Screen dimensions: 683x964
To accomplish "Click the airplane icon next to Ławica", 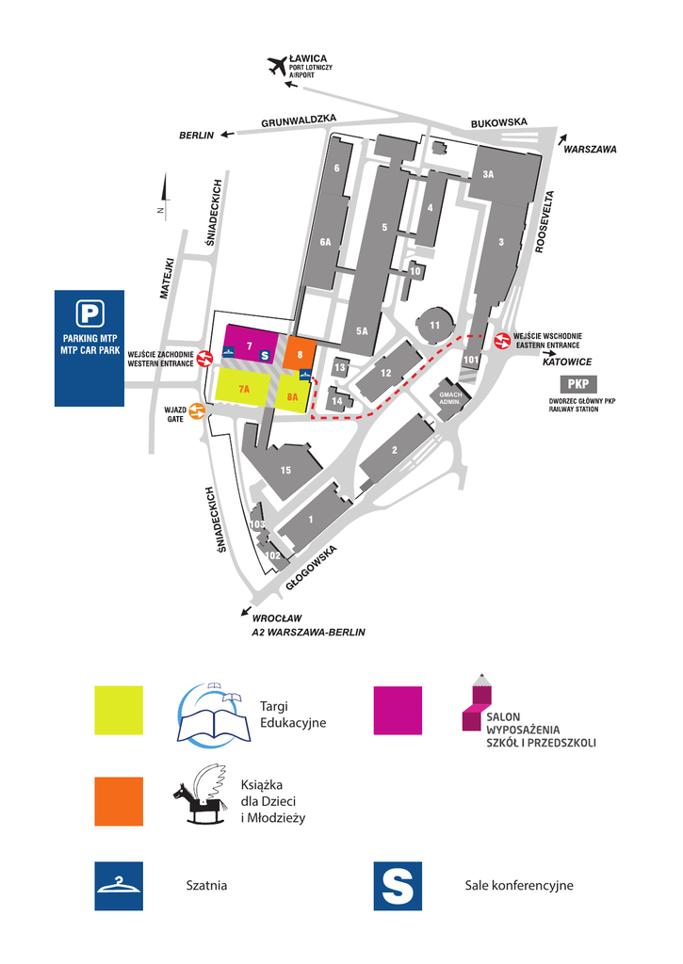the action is (277, 66).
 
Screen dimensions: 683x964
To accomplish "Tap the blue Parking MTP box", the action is (89, 347).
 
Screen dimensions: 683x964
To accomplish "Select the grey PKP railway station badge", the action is (578, 384).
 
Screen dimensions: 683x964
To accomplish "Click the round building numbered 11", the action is (434, 326).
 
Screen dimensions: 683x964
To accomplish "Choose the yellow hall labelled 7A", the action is (244, 388).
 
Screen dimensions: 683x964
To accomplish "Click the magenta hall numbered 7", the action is (248, 346).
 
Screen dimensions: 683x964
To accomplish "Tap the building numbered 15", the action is (285, 470).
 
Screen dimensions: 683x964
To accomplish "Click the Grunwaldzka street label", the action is (299, 120).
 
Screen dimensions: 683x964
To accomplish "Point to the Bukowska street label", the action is (498, 122).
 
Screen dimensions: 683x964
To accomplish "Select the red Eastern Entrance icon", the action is (503, 340).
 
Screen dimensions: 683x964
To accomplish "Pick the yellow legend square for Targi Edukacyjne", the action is (119, 710).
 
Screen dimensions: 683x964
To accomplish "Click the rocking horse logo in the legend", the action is (201, 795).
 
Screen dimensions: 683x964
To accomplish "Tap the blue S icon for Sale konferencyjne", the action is (398, 886).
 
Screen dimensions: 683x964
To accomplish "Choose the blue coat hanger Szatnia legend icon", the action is (119, 886).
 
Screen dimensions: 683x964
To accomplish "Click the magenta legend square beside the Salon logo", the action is (398, 710).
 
